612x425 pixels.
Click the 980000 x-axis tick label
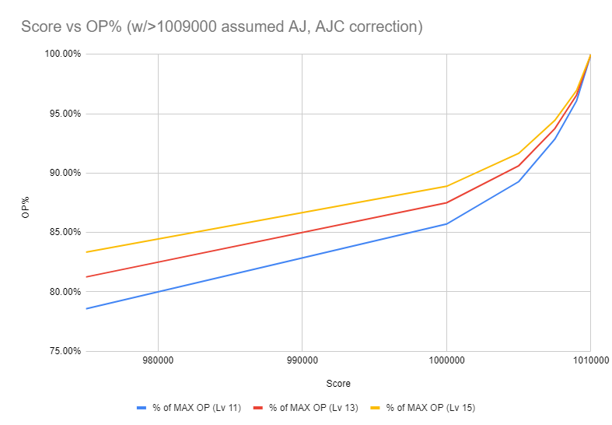click(158, 362)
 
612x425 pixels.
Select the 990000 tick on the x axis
click(302, 362)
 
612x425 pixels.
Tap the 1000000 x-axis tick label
click(446, 362)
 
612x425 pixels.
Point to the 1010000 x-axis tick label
click(589, 362)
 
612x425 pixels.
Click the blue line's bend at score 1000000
click(446, 223)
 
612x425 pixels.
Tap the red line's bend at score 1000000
click(446, 202)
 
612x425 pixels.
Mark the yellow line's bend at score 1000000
click(446, 186)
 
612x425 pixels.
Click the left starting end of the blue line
click(86, 309)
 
